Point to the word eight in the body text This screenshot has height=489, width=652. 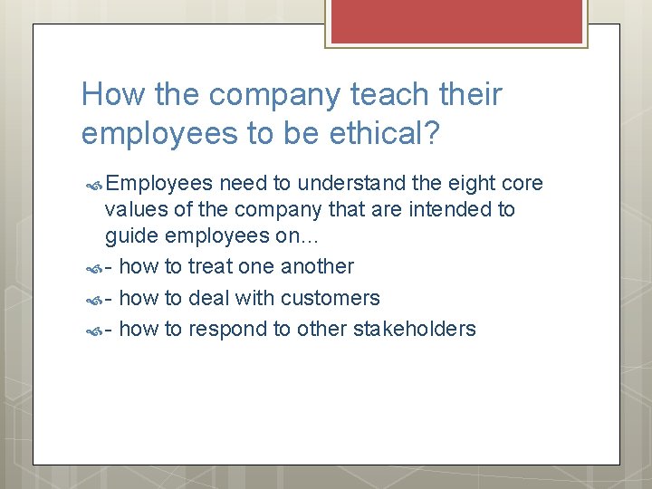(475, 184)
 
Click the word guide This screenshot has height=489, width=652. (129, 238)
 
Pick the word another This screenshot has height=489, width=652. (317, 266)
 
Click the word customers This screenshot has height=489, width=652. (331, 298)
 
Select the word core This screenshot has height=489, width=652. (523, 184)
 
